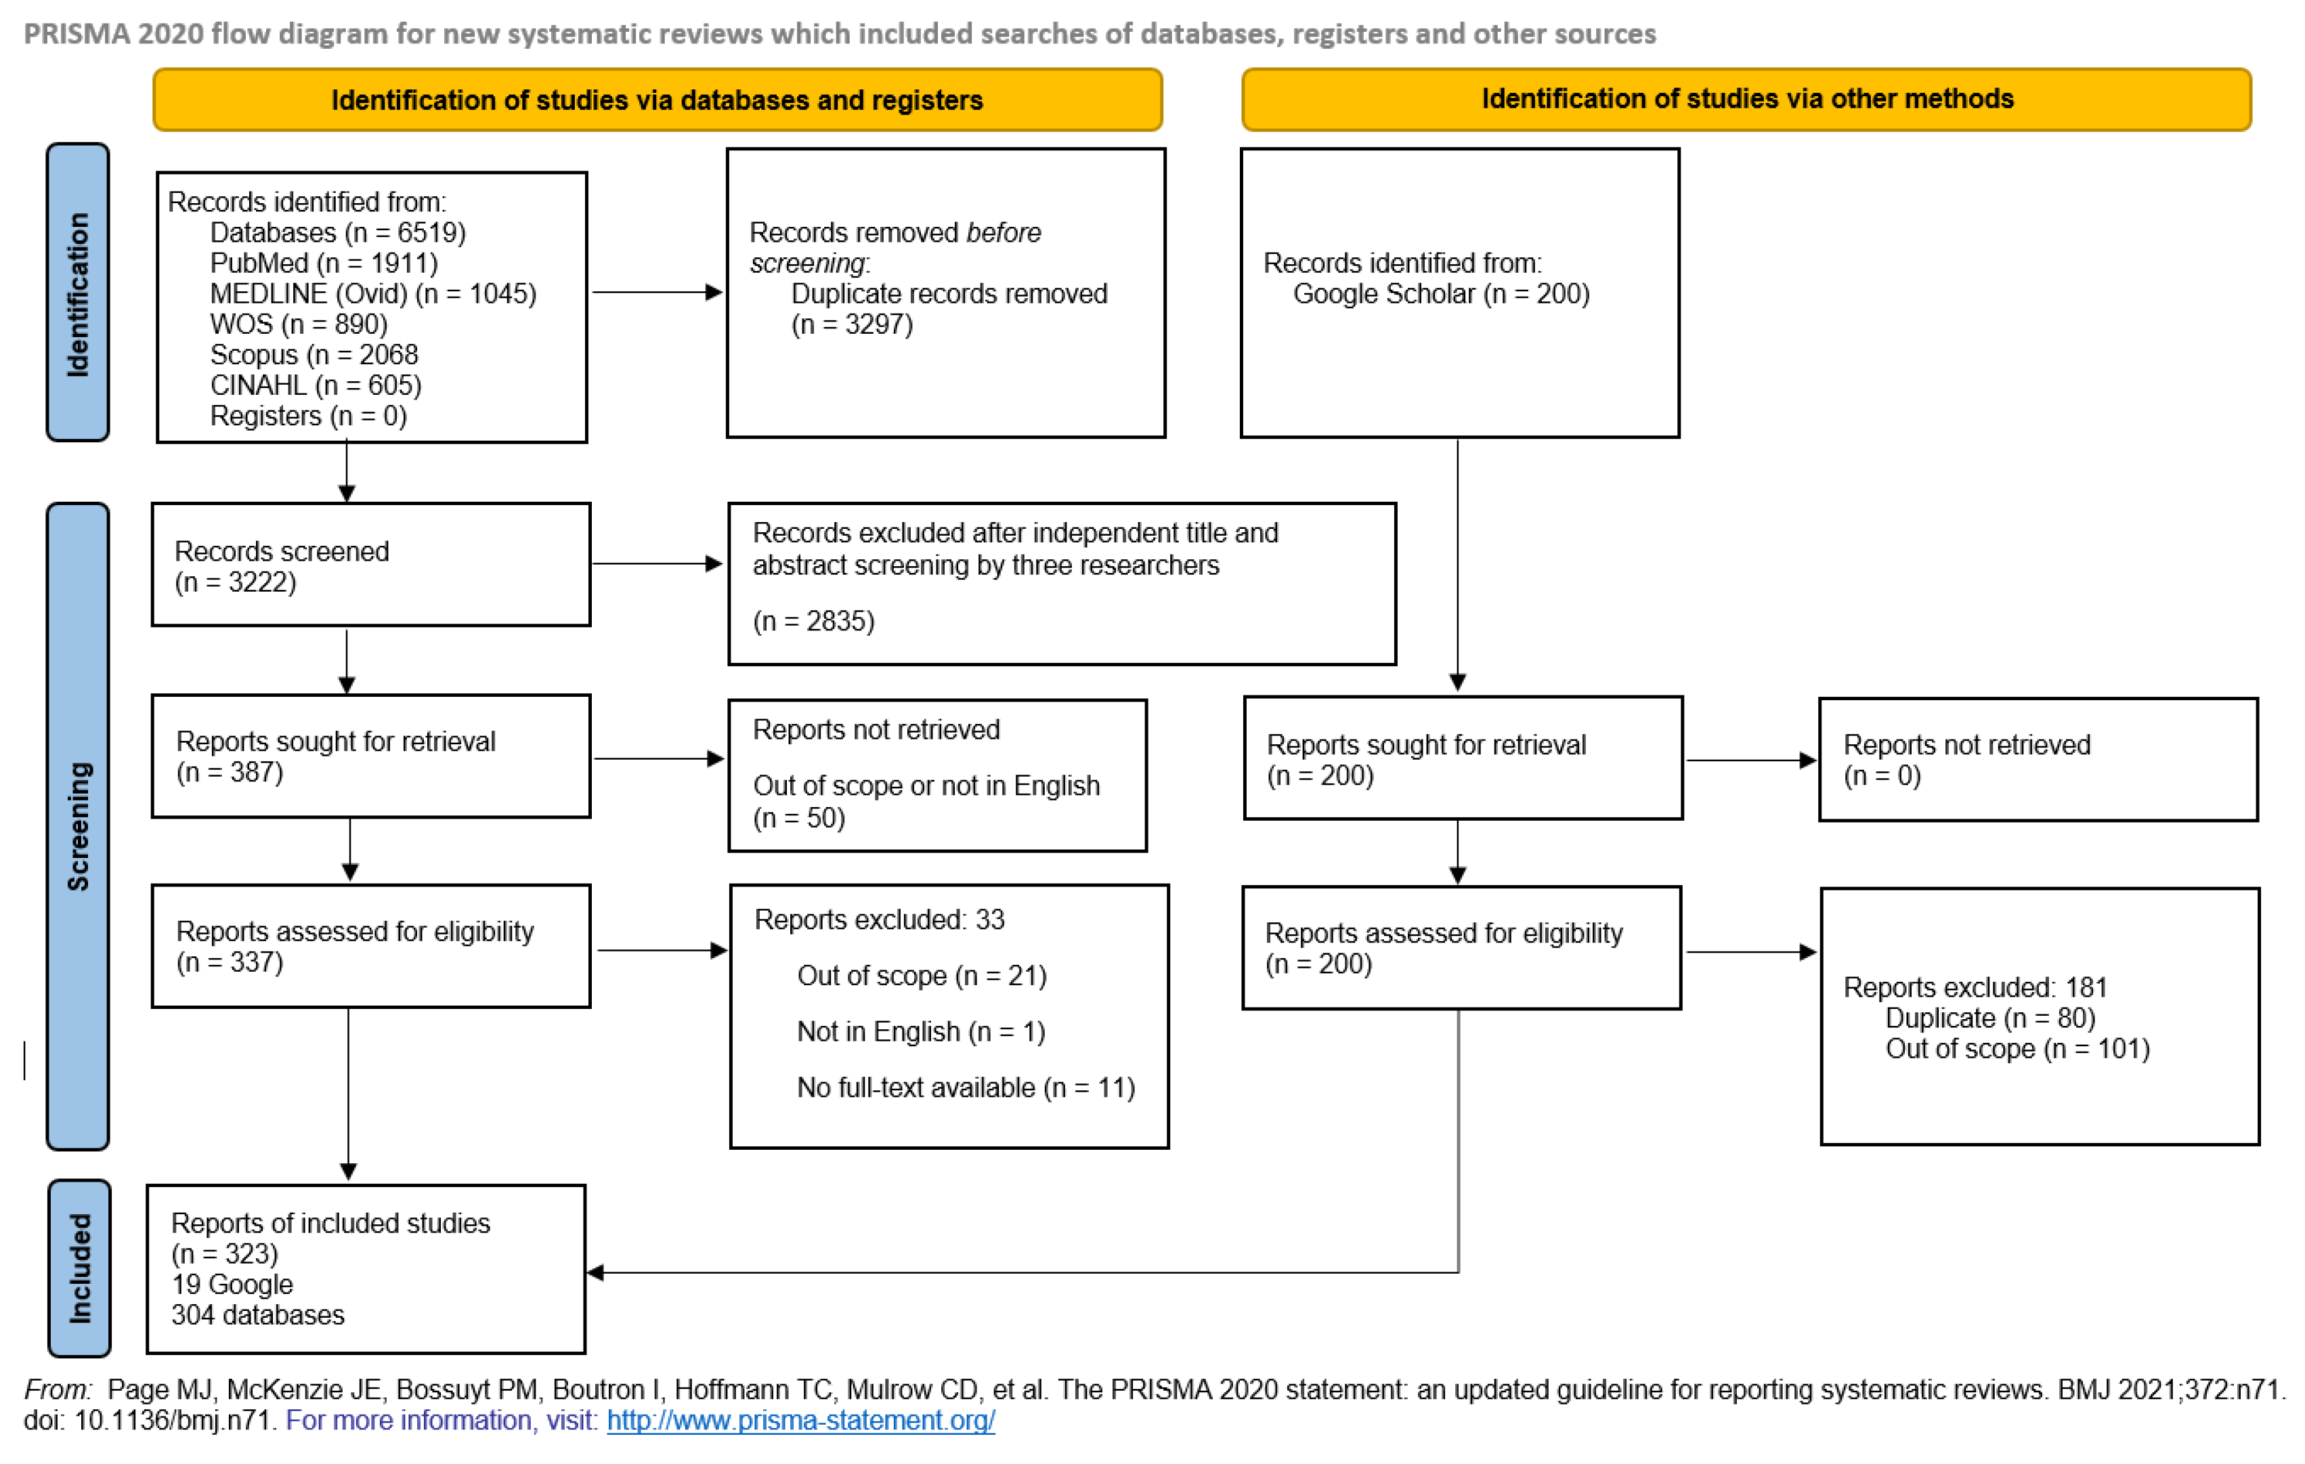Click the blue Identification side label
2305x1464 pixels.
[x=78, y=293]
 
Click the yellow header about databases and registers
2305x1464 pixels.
[x=657, y=100]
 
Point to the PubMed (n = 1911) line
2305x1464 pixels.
[x=324, y=263]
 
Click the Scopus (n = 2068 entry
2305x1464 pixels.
[x=314, y=356]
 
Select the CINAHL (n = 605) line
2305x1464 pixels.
[x=316, y=386]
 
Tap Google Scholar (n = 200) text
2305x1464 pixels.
[x=1441, y=294]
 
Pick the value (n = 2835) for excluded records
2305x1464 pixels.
[x=814, y=622]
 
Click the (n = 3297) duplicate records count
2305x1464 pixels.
[x=852, y=324]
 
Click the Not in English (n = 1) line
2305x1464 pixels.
[x=921, y=1032]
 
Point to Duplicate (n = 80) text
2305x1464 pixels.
[x=1989, y=1018]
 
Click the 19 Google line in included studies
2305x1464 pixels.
[x=233, y=1285]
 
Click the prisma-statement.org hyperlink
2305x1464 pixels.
[x=800, y=1420]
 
